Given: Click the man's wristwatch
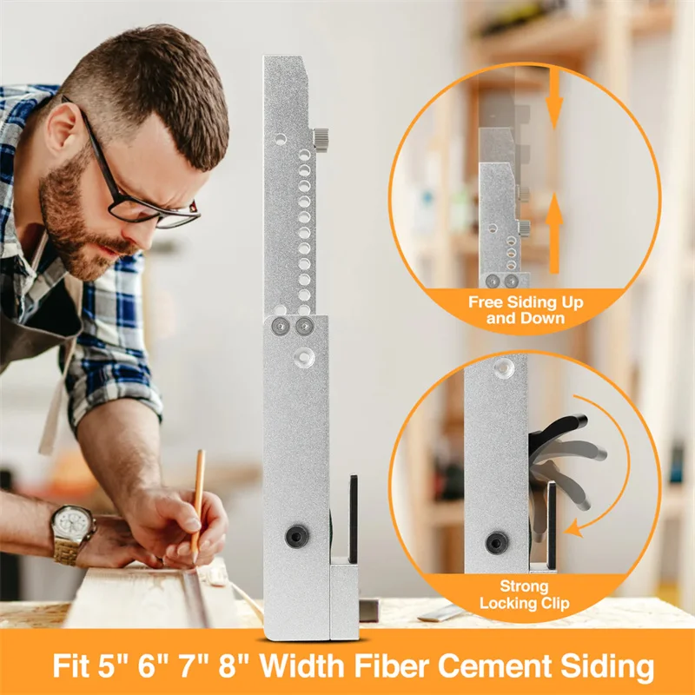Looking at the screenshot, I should coord(72,527).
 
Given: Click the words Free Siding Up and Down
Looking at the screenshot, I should coord(526,310).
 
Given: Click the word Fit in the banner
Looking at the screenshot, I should coord(71,667).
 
